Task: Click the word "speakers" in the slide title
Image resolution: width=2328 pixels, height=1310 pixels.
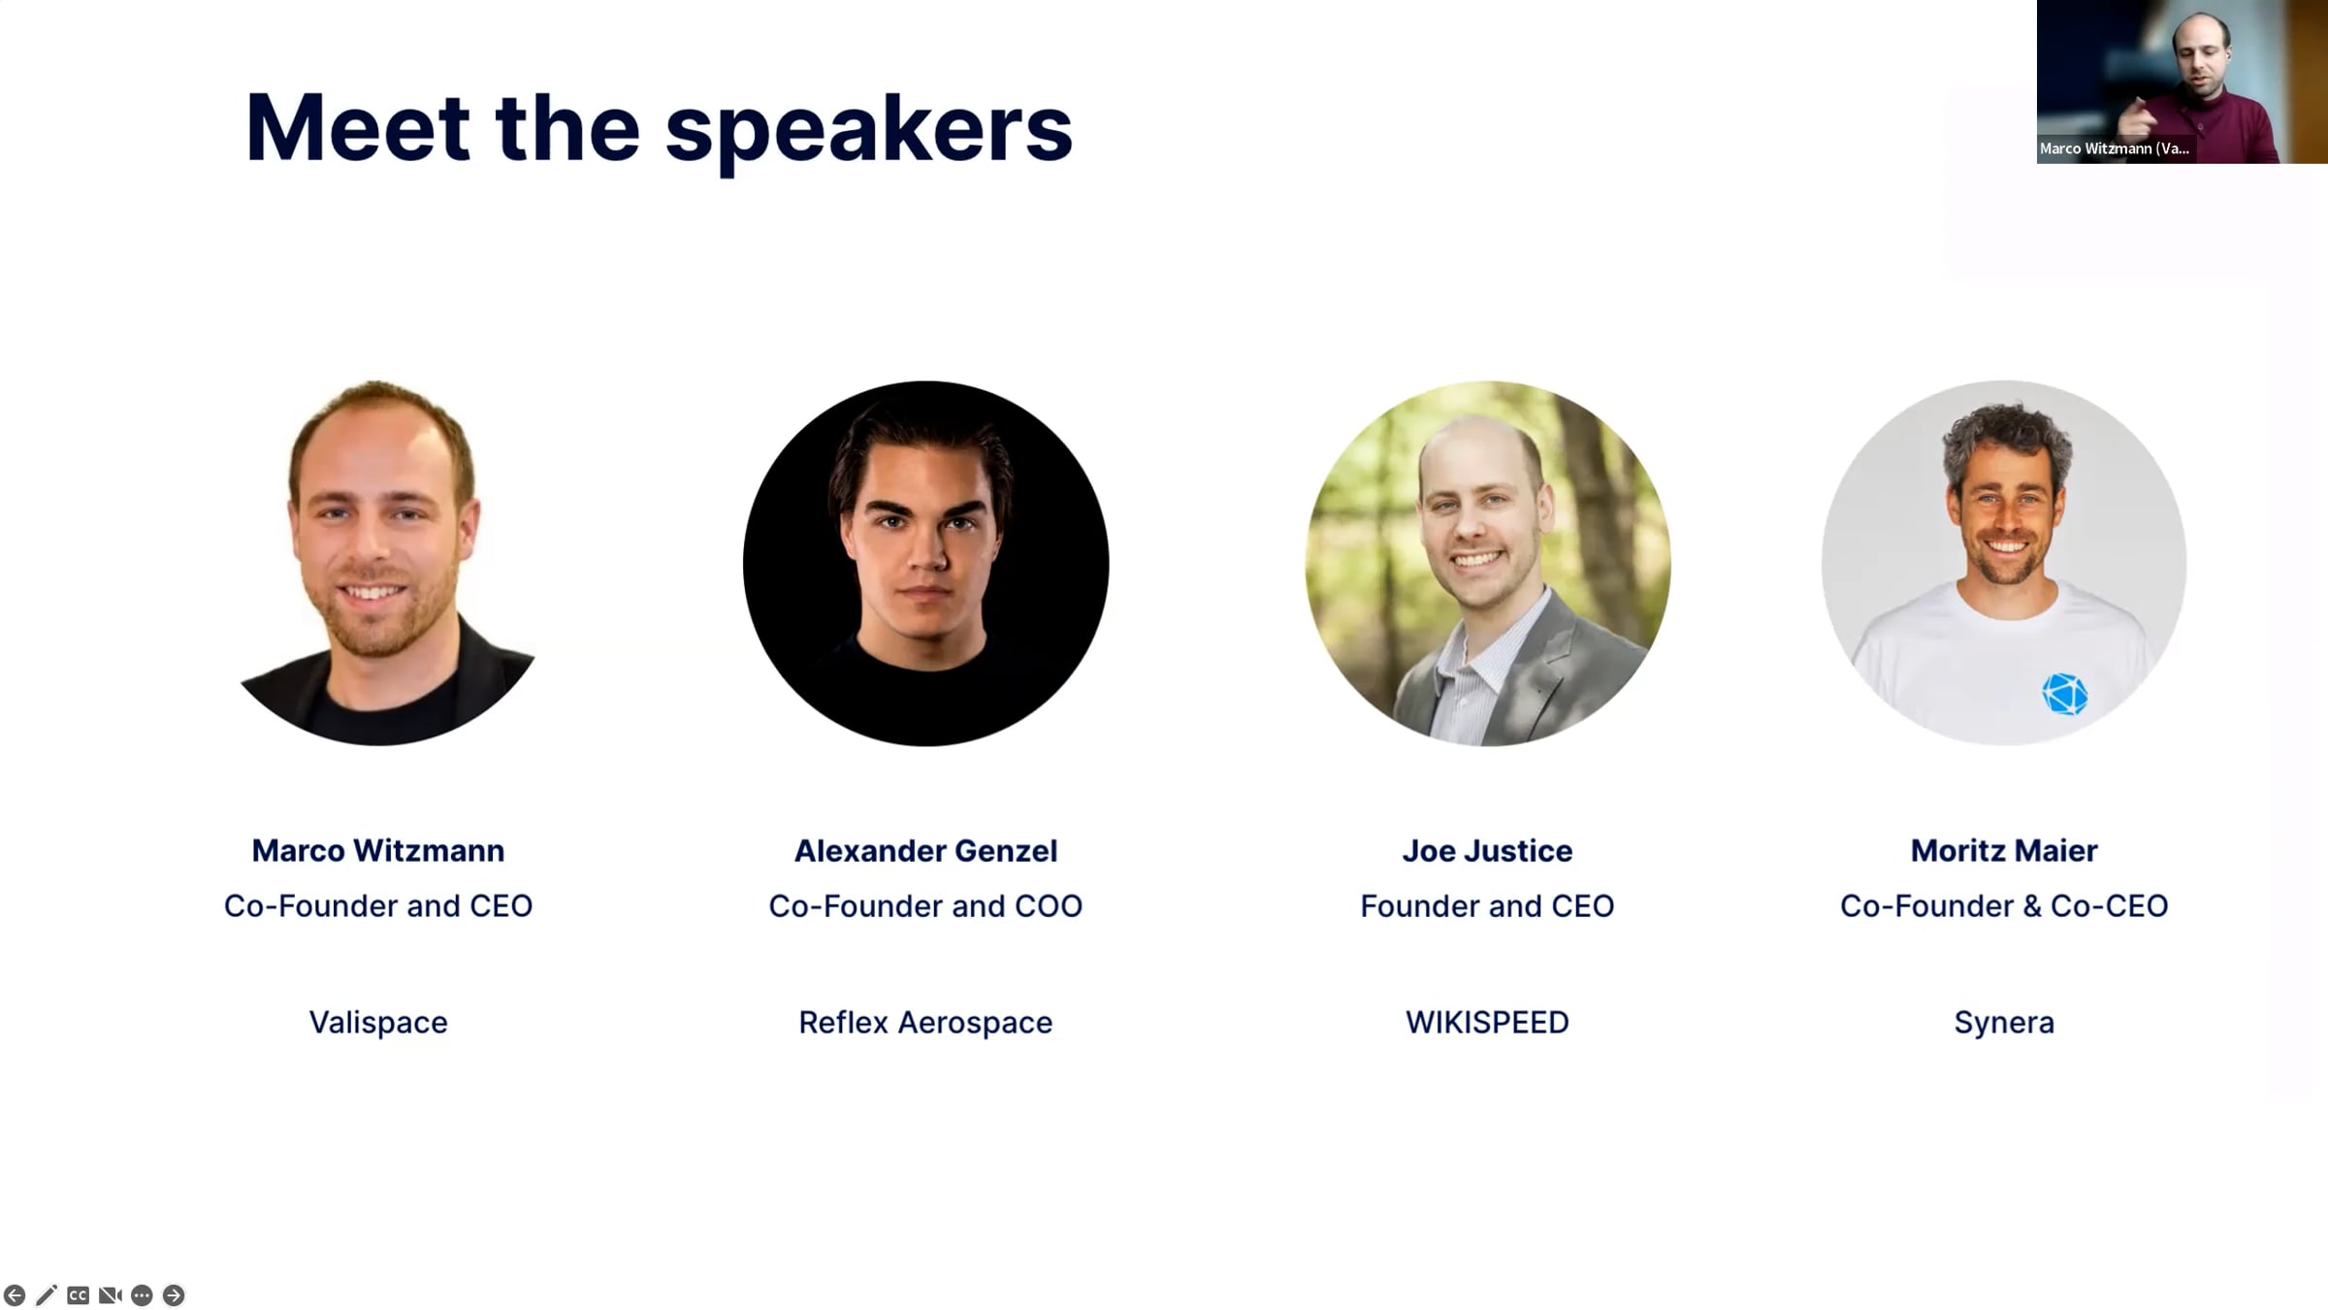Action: [868, 130]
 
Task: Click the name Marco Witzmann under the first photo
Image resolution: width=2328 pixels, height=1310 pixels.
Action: [378, 851]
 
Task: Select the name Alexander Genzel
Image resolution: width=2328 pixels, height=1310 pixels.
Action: [925, 851]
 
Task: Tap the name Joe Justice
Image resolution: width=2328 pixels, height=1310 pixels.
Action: [1487, 851]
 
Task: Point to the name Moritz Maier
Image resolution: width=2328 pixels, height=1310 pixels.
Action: [2004, 851]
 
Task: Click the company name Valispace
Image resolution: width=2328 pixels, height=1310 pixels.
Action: [378, 1022]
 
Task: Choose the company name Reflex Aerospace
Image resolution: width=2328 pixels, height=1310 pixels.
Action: [925, 1022]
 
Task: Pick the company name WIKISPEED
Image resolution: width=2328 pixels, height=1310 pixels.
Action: [1487, 1022]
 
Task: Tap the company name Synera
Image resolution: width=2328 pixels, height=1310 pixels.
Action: [2004, 1023]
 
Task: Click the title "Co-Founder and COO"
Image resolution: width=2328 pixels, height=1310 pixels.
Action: [925, 906]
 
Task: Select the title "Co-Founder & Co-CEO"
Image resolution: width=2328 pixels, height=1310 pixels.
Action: [2004, 906]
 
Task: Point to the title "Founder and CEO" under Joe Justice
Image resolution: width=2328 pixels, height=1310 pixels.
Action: [1487, 906]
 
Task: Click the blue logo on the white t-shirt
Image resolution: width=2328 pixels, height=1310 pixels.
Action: [2064, 695]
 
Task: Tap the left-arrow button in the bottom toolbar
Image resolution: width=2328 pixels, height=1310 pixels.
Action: [15, 1295]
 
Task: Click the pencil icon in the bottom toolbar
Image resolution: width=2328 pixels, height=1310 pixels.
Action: [47, 1295]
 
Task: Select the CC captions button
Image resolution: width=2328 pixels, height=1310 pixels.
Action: [79, 1295]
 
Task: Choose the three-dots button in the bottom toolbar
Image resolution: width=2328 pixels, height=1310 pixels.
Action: [142, 1295]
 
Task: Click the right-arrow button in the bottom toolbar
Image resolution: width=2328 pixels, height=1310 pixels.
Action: [174, 1295]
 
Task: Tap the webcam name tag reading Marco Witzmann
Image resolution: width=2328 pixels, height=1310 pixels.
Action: [2115, 148]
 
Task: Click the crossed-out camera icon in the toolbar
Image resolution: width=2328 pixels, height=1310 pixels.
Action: [111, 1295]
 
